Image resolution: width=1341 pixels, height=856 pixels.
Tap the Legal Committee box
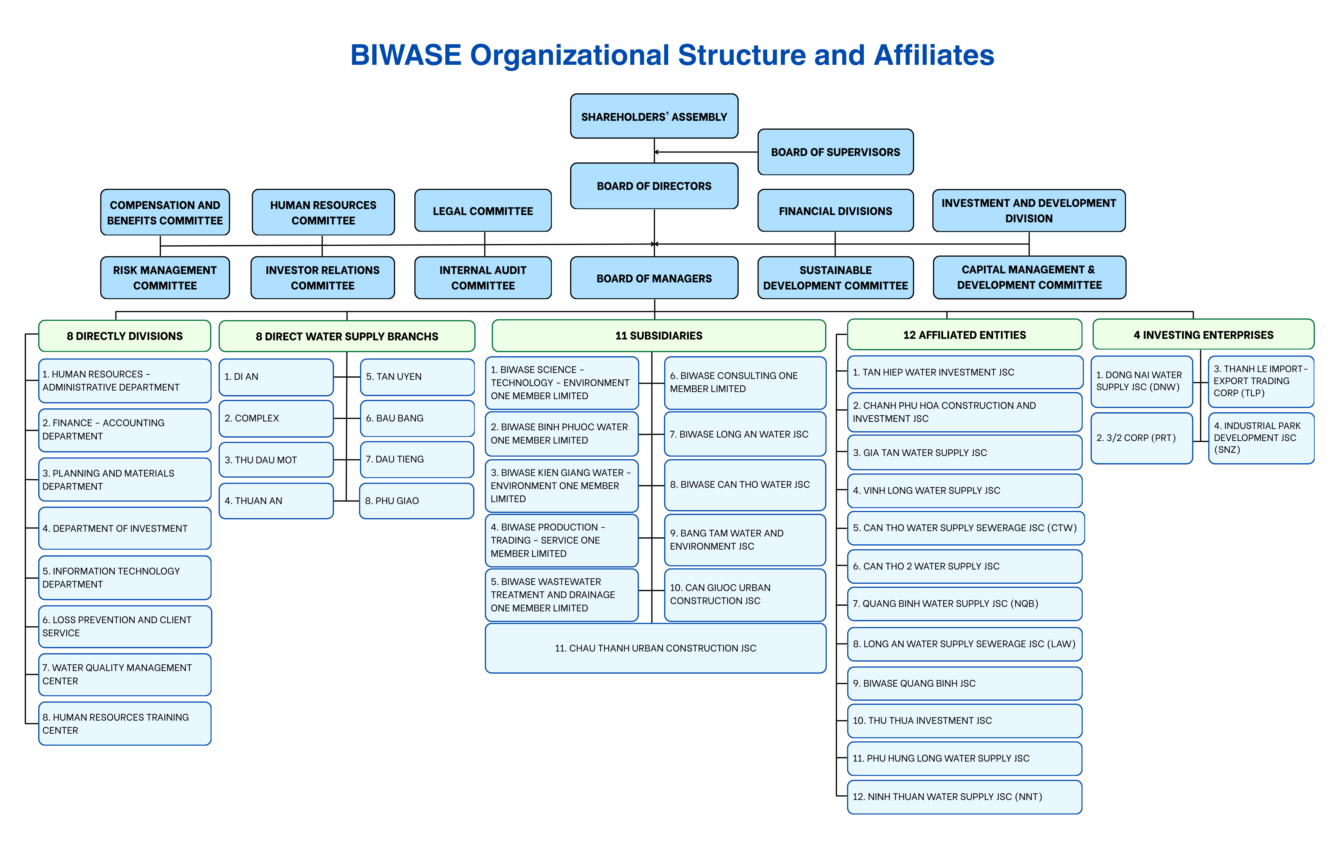(x=483, y=211)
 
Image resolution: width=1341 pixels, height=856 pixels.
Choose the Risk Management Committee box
(x=165, y=278)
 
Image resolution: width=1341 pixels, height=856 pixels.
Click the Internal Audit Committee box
(x=483, y=278)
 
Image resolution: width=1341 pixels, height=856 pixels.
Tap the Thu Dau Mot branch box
(x=276, y=460)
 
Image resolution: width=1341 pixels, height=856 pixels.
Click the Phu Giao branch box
(x=417, y=501)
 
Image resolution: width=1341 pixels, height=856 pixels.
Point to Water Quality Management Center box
(x=125, y=674)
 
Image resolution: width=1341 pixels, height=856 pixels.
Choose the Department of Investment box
(x=125, y=528)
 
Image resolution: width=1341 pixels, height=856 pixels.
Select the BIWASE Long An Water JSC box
(x=744, y=434)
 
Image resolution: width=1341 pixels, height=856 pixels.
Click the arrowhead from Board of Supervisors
(x=657, y=152)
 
